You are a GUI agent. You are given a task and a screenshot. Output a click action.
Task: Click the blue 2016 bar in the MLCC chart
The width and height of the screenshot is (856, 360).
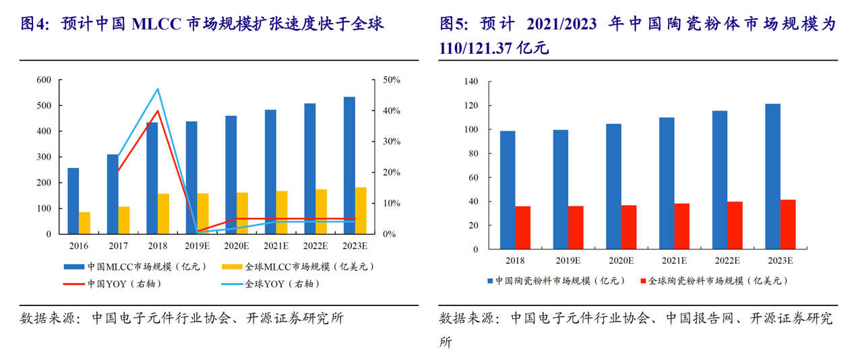click(73, 201)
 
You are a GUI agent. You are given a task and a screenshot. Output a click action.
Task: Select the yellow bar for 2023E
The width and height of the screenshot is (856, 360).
click(361, 210)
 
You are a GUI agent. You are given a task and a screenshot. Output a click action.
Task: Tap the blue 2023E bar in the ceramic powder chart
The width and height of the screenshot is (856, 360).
click(772, 177)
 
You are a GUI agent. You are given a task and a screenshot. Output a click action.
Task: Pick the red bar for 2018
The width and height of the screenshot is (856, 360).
click(523, 228)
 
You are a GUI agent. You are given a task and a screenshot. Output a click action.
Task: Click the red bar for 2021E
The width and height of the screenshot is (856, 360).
click(681, 227)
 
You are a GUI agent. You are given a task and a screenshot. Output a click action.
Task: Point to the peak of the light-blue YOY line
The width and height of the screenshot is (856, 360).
click(158, 89)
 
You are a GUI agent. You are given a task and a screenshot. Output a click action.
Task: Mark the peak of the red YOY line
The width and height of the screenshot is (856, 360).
click(158, 111)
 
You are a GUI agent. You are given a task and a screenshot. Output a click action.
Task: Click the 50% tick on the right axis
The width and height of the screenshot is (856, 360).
click(392, 80)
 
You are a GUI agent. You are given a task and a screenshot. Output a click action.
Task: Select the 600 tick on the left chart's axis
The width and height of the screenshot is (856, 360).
click(44, 80)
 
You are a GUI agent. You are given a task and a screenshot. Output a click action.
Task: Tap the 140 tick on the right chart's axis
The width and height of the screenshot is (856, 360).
click(470, 82)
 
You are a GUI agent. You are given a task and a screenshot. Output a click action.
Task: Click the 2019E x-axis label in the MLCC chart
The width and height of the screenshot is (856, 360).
click(197, 246)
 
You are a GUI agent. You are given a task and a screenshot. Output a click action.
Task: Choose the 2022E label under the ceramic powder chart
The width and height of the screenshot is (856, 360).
click(727, 261)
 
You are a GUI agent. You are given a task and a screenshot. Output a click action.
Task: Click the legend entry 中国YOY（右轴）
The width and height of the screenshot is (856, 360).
click(113, 284)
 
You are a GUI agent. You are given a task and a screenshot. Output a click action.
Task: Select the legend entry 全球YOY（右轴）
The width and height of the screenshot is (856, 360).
click(270, 284)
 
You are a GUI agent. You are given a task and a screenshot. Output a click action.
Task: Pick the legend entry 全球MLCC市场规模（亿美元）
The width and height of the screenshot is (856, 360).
click(298, 267)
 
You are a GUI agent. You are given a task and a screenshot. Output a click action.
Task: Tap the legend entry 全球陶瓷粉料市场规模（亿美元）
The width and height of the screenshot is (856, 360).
click(714, 281)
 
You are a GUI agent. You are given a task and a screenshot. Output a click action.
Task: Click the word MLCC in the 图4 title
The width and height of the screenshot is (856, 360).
click(156, 24)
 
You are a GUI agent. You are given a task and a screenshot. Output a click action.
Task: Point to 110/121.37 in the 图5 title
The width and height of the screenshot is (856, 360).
click(475, 48)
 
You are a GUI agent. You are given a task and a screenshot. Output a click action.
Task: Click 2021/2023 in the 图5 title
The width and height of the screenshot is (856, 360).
click(561, 24)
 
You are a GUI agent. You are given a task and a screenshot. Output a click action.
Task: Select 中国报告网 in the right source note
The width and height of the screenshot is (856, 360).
click(700, 318)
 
